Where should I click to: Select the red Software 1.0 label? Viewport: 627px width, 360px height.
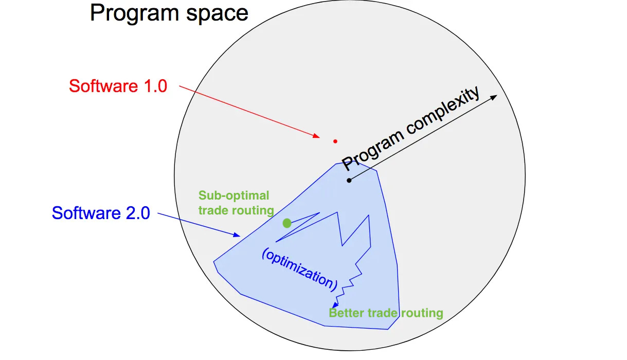point(118,86)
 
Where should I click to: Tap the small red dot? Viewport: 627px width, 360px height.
point(335,141)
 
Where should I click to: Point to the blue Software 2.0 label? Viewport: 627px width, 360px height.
point(101,212)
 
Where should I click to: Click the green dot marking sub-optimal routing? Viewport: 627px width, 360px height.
point(287,223)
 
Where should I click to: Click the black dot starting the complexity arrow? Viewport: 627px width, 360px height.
point(349,180)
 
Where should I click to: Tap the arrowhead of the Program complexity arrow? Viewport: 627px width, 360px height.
point(494,97)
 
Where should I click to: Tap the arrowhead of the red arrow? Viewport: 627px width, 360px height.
point(318,136)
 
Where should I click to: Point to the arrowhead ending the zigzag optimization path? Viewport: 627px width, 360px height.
point(335,305)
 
